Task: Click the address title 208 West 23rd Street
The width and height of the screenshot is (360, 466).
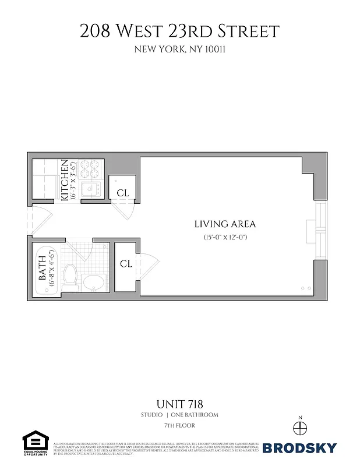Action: [x=179, y=31]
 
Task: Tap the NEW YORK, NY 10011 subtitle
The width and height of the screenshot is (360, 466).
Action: [x=179, y=50]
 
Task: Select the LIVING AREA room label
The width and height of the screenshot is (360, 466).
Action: [x=225, y=224]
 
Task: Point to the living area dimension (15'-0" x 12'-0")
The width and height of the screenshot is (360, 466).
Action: [x=225, y=237]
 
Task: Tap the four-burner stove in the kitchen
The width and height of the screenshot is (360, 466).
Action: [x=90, y=169]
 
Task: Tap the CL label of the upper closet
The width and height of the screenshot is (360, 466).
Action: [x=122, y=193]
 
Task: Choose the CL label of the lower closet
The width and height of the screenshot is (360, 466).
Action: [x=126, y=264]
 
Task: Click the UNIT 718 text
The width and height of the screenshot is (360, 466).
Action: [x=179, y=403]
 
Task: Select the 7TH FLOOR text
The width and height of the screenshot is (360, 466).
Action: [x=179, y=426]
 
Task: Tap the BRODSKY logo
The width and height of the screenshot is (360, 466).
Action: [x=299, y=448]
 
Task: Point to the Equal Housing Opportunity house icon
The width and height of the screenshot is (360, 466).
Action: [x=35, y=442]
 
